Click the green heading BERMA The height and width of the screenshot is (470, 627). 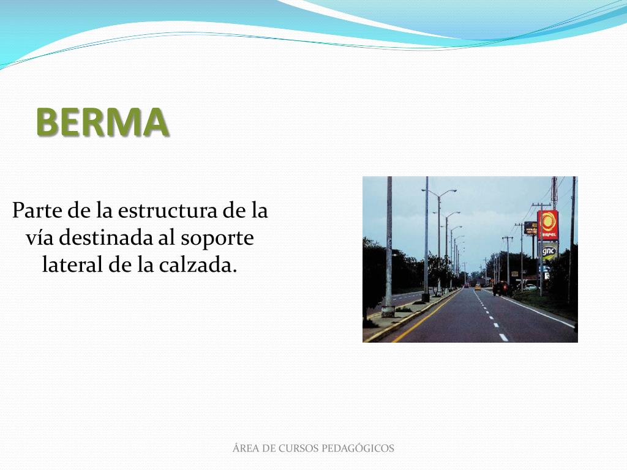[x=102, y=122]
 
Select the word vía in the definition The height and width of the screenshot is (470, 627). [x=38, y=238]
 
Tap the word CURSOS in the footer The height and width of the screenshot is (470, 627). [x=298, y=449]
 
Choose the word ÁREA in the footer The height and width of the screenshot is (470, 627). [x=246, y=449]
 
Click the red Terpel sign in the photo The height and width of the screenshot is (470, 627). [x=548, y=225]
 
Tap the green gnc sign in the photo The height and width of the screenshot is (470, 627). [x=549, y=250]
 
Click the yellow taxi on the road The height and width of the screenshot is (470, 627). [x=477, y=286]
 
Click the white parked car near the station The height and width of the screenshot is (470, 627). [x=530, y=286]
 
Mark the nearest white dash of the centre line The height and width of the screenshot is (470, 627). [x=503, y=337]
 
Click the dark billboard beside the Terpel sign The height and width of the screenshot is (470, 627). [x=530, y=228]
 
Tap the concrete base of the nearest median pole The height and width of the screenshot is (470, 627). [x=388, y=311]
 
